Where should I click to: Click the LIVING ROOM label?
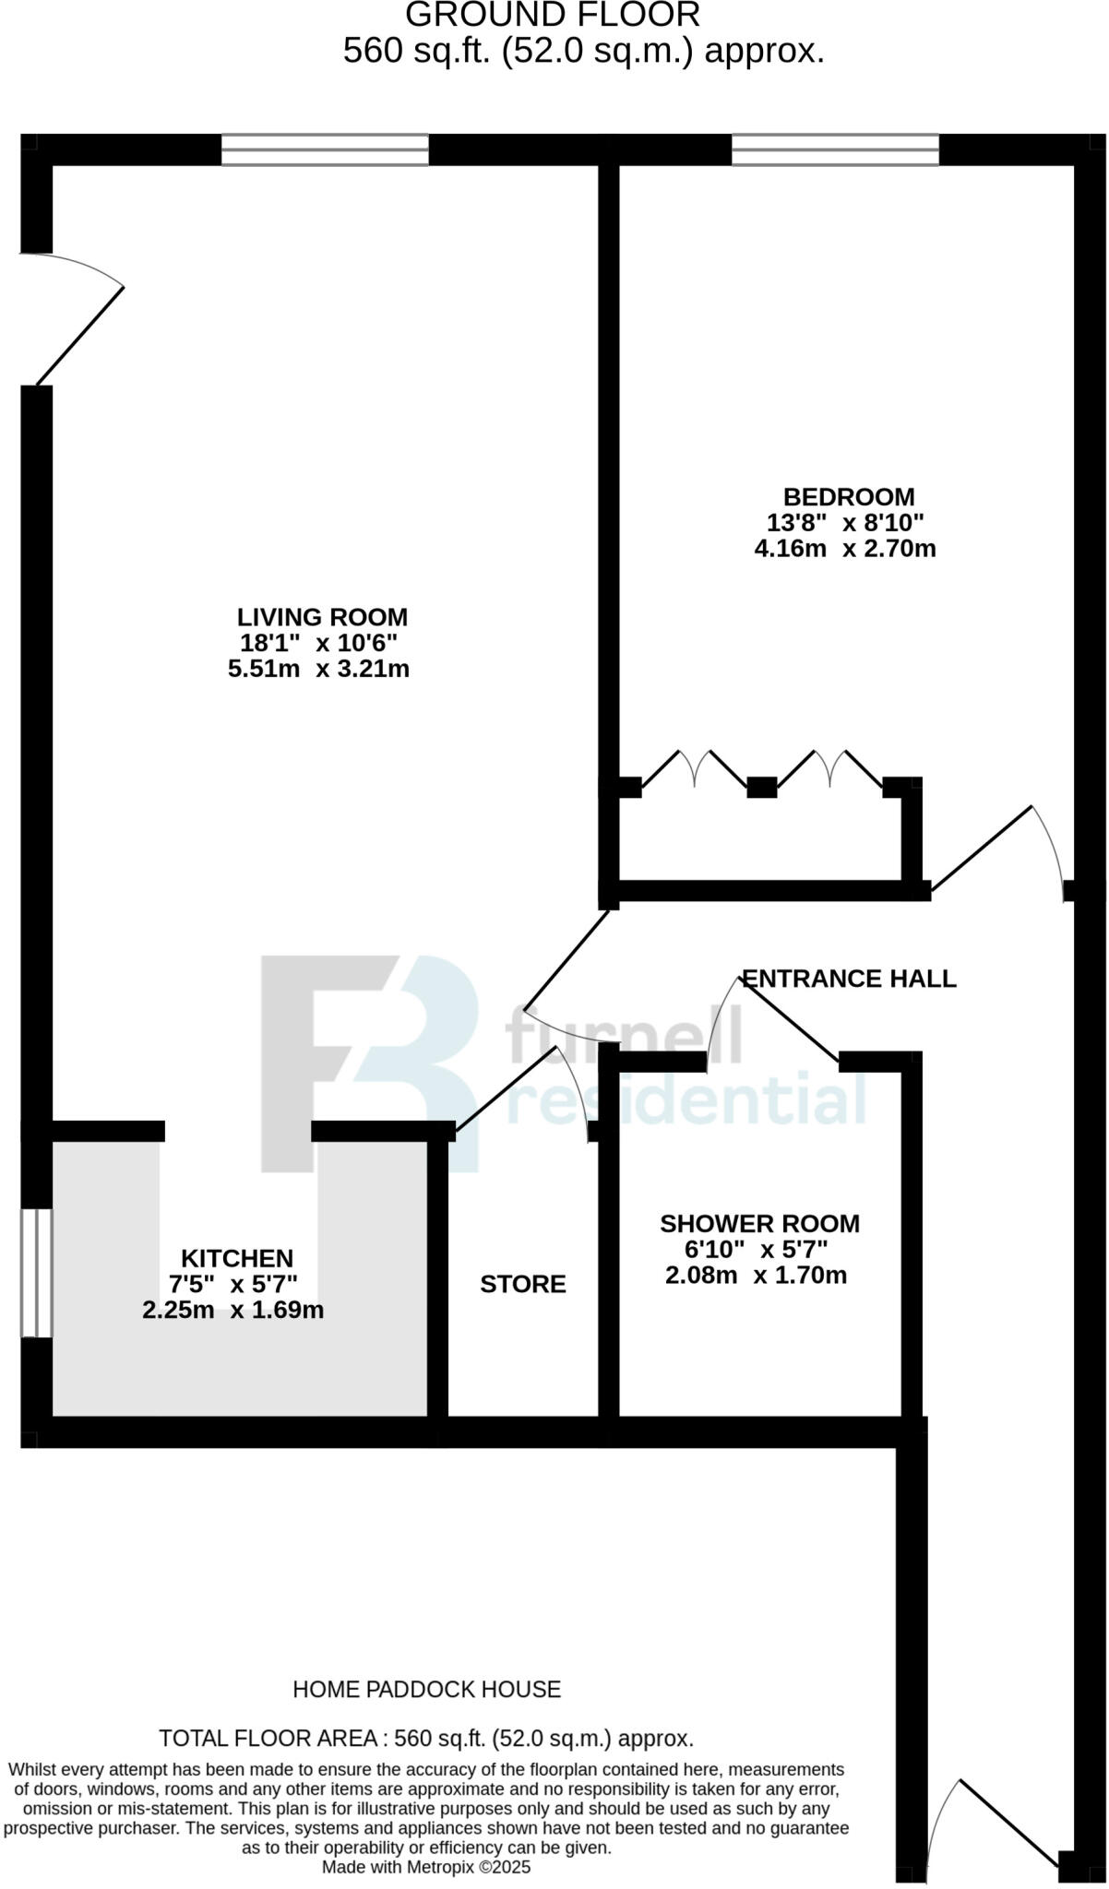322,617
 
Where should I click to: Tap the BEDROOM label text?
849,497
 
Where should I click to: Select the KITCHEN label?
237,1258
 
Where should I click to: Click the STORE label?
522,1284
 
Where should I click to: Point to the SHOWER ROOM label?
759,1224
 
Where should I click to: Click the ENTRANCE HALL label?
849,979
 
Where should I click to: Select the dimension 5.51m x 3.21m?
318,669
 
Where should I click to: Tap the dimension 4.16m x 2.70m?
845,549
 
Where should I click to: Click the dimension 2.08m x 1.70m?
756,1276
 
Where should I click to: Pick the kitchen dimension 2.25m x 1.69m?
233,1310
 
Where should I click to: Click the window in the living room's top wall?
325,149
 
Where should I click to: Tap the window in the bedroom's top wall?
835,149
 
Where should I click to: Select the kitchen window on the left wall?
37,1272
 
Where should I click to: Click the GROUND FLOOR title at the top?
553,16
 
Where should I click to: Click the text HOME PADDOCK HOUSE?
426,1689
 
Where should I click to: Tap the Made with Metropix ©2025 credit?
426,1867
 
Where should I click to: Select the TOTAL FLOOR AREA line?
426,1739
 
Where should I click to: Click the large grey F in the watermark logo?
314,1061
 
